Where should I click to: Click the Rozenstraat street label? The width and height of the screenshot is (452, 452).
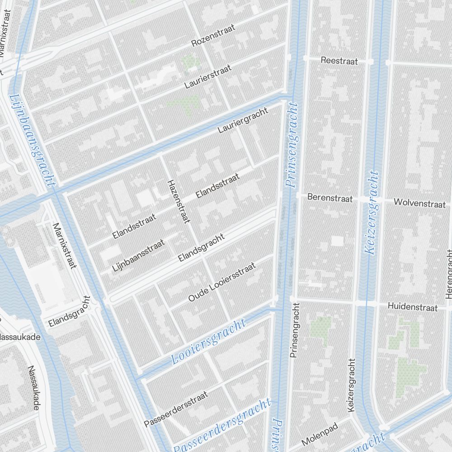[x=213, y=36]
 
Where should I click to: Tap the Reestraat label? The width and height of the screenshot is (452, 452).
[x=339, y=61]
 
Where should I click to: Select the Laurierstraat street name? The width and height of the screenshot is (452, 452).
[x=208, y=76]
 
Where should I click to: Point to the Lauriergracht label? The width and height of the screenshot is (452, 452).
[x=243, y=120]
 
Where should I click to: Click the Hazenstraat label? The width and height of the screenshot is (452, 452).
[x=178, y=202]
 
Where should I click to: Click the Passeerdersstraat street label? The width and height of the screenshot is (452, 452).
[x=176, y=409]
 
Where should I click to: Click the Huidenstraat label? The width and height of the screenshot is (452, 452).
[x=413, y=307]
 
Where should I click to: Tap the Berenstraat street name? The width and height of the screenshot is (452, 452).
[x=330, y=198]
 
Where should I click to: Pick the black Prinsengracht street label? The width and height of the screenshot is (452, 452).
[x=295, y=330]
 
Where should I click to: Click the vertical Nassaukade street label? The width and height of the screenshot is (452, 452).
[x=33, y=388]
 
